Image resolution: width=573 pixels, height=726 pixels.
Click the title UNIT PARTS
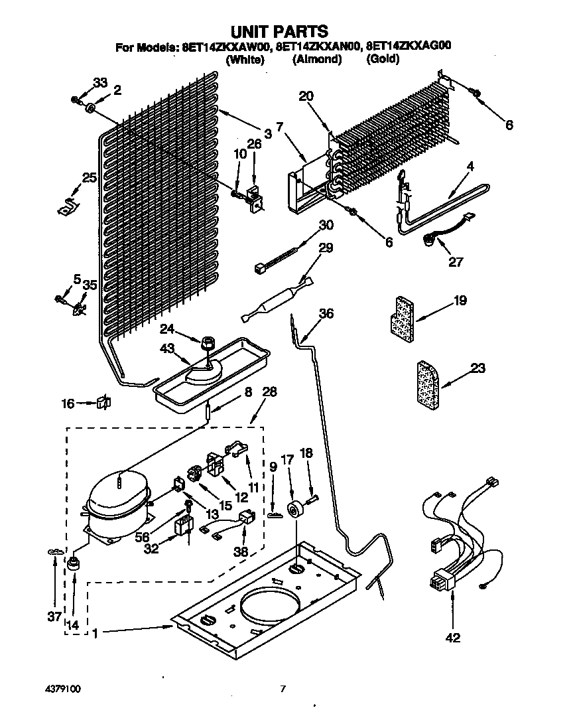click(x=279, y=31)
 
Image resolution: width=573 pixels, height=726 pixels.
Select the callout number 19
click(x=460, y=301)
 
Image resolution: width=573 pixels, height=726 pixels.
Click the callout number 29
click(x=326, y=248)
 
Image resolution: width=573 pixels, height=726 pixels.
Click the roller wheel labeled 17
click(x=294, y=510)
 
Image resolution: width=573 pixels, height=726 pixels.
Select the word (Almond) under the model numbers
click(x=317, y=60)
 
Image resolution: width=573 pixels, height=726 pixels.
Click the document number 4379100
click(x=64, y=690)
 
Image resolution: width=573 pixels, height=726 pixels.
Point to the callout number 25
click(x=90, y=177)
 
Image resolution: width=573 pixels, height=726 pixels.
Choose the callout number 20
click(x=306, y=96)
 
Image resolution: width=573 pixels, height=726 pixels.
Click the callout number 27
click(x=455, y=261)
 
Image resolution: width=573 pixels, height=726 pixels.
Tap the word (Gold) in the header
click(x=382, y=60)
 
